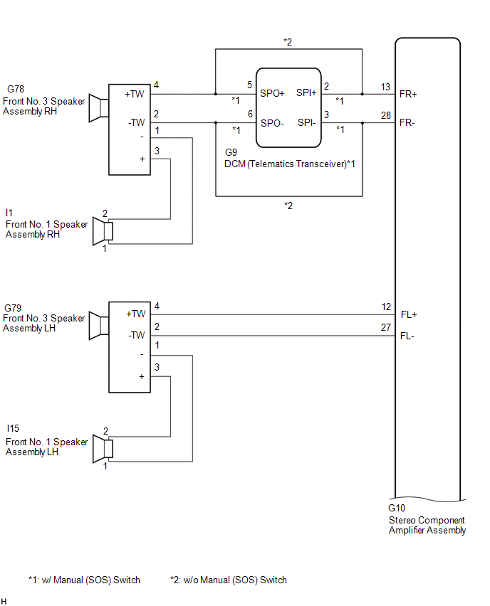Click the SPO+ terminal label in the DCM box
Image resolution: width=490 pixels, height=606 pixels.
(272, 93)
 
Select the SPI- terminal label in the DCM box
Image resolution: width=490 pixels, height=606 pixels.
(306, 122)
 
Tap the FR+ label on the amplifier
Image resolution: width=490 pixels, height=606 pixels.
(408, 94)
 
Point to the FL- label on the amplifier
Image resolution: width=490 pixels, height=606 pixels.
(407, 336)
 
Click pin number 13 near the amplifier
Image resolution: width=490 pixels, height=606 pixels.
(385, 87)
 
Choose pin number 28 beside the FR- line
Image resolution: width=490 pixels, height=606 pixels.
(386, 115)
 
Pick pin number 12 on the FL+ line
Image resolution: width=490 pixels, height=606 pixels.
(386, 307)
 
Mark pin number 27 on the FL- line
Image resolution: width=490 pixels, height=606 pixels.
(386, 327)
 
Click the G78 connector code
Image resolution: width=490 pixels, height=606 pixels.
(16, 89)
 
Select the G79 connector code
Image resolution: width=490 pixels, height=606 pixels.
(13, 308)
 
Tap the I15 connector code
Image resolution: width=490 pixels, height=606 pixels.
(13, 428)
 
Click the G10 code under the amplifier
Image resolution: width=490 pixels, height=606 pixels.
(397, 508)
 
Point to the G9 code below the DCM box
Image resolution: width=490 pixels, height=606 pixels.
(231, 152)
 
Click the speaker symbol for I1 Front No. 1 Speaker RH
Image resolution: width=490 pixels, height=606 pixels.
(103, 231)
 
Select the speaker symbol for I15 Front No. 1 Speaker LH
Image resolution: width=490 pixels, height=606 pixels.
(103, 449)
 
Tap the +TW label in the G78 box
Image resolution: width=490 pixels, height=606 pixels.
(135, 94)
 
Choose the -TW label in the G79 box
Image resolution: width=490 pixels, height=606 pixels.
(136, 335)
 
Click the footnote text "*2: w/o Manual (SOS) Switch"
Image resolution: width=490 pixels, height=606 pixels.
(229, 580)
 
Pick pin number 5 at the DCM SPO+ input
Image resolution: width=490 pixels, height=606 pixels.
(250, 85)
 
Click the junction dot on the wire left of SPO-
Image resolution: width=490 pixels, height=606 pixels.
(216, 123)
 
